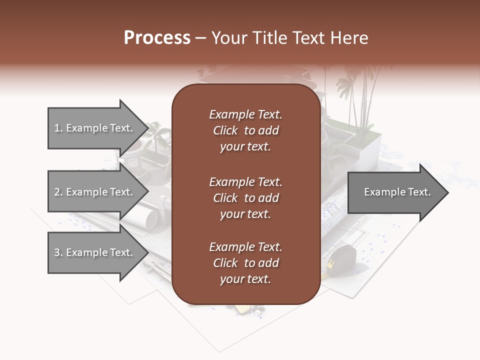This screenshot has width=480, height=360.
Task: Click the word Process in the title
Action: tap(157, 38)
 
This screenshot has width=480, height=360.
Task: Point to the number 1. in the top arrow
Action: tap(58, 128)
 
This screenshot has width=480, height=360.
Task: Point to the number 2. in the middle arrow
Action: tap(58, 192)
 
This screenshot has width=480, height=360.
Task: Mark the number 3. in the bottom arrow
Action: tap(58, 252)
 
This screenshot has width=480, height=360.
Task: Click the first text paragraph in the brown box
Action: tap(245, 130)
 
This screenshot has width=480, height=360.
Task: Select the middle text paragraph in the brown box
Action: tap(245, 198)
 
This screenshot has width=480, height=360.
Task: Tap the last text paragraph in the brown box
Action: tap(245, 263)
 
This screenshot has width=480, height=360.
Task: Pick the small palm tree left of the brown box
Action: tap(159, 137)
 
